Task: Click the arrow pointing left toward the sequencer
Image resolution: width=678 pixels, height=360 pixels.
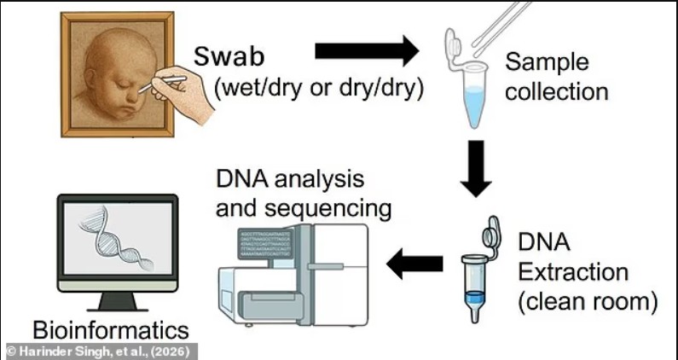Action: click(416, 265)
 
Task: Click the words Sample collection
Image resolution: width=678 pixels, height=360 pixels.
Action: click(557, 77)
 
